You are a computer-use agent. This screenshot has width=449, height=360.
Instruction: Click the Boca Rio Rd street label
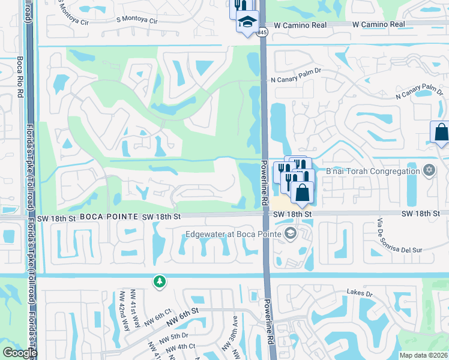pyautogui.click(x=20, y=79)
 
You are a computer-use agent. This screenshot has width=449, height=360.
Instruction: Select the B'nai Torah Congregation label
pyautogui.click(x=372, y=172)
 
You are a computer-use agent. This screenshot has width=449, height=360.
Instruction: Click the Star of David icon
pyautogui.click(x=429, y=172)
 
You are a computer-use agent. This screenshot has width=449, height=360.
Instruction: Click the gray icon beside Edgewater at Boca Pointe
pyautogui.click(x=291, y=233)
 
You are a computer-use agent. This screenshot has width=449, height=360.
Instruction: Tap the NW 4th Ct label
pyautogui.click(x=178, y=346)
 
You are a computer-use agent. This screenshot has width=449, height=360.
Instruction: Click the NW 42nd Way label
pyautogui.click(x=124, y=311)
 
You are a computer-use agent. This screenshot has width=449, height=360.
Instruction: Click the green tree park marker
pyautogui.click(x=159, y=281)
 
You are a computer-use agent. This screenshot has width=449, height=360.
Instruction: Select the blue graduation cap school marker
pyautogui.click(x=247, y=22)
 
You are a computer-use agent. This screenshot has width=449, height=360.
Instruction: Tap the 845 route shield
pyautogui.click(x=263, y=34)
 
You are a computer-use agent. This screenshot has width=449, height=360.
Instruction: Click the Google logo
pyautogui.click(x=20, y=353)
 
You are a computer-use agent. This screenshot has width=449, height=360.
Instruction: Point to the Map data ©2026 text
pyautogui.click(x=423, y=355)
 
